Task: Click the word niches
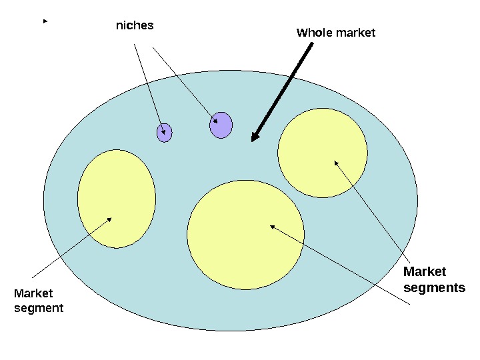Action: click(x=135, y=26)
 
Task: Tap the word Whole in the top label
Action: click(x=313, y=33)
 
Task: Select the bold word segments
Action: click(x=434, y=288)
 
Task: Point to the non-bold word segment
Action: click(x=39, y=308)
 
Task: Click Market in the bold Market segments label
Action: click(x=425, y=272)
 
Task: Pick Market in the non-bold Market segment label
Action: click(x=33, y=293)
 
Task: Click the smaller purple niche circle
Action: click(x=164, y=133)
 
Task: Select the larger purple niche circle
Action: click(x=221, y=125)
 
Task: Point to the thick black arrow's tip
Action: click(x=253, y=141)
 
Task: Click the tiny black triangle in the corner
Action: click(x=45, y=22)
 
